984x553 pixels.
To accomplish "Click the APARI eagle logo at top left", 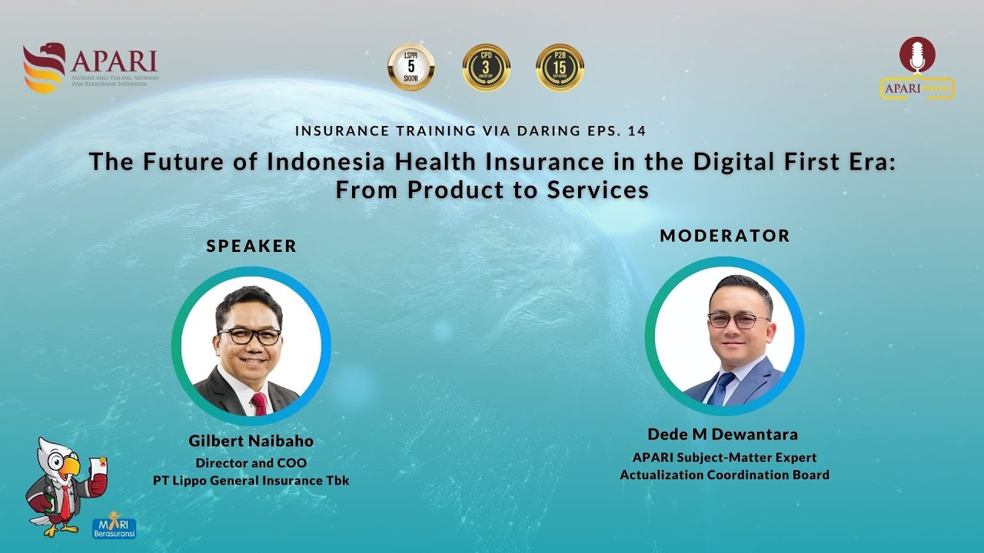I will coord(45,68).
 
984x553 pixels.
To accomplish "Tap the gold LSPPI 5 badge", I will coord(411,67).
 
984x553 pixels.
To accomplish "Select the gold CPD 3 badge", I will coord(487,67).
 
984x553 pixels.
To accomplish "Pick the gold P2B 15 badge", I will coord(560,67).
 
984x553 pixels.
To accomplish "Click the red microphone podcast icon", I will coord(917,56).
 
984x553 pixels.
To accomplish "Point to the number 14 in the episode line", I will coord(637,131).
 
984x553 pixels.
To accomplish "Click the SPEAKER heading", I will coord(251,247).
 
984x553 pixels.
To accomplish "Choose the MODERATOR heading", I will coord(725,236).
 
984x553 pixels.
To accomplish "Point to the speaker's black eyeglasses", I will coord(250,336).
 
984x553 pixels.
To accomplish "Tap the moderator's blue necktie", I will coord(722,389).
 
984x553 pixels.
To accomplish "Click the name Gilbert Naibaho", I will coord(251,442).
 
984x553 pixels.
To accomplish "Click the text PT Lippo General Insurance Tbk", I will coord(251,481).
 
